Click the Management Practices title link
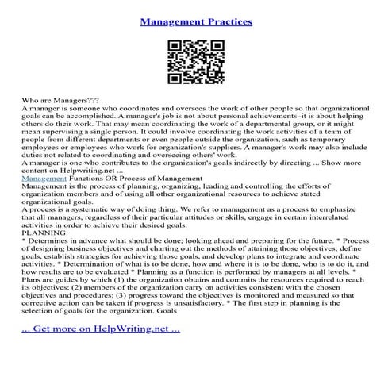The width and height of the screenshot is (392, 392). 196,21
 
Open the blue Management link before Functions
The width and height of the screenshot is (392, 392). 45,181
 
